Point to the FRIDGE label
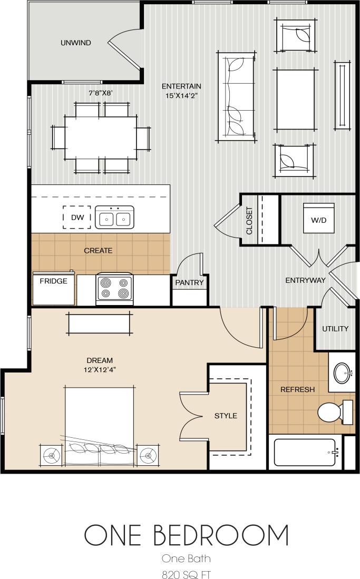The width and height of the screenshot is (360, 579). (x=54, y=281)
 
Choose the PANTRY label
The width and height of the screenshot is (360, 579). (x=189, y=283)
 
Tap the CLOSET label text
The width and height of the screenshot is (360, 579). (x=249, y=220)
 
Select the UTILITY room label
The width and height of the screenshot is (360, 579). (x=335, y=329)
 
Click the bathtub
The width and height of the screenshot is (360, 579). (x=305, y=453)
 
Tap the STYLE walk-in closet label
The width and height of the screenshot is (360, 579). (x=226, y=416)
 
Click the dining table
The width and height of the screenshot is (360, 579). (x=101, y=137)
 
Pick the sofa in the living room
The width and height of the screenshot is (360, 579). (x=235, y=97)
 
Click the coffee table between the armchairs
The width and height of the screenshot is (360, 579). (x=296, y=100)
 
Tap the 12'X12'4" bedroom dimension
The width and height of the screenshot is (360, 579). (x=100, y=369)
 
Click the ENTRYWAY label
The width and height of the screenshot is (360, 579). (x=305, y=280)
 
